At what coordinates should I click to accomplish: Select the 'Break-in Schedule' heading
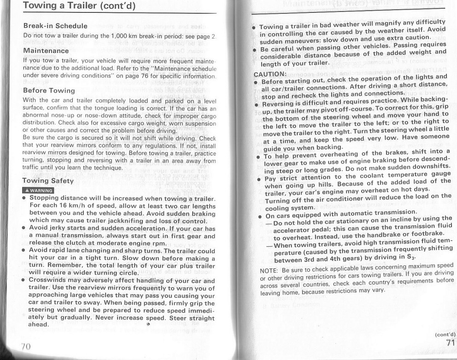(x=55, y=25)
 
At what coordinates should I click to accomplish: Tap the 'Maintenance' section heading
(x=46, y=50)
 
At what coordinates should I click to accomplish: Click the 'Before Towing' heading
(x=49, y=90)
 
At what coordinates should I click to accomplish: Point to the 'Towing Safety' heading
(x=48, y=181)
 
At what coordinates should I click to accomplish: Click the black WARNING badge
(x=38, y=191)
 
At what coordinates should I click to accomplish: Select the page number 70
(x=26, y=346)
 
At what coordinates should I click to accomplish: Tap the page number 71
(x=451, y=343)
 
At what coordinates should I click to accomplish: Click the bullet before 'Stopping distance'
(x=24, y=199)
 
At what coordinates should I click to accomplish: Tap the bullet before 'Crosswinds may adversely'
(x=24, y=280)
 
